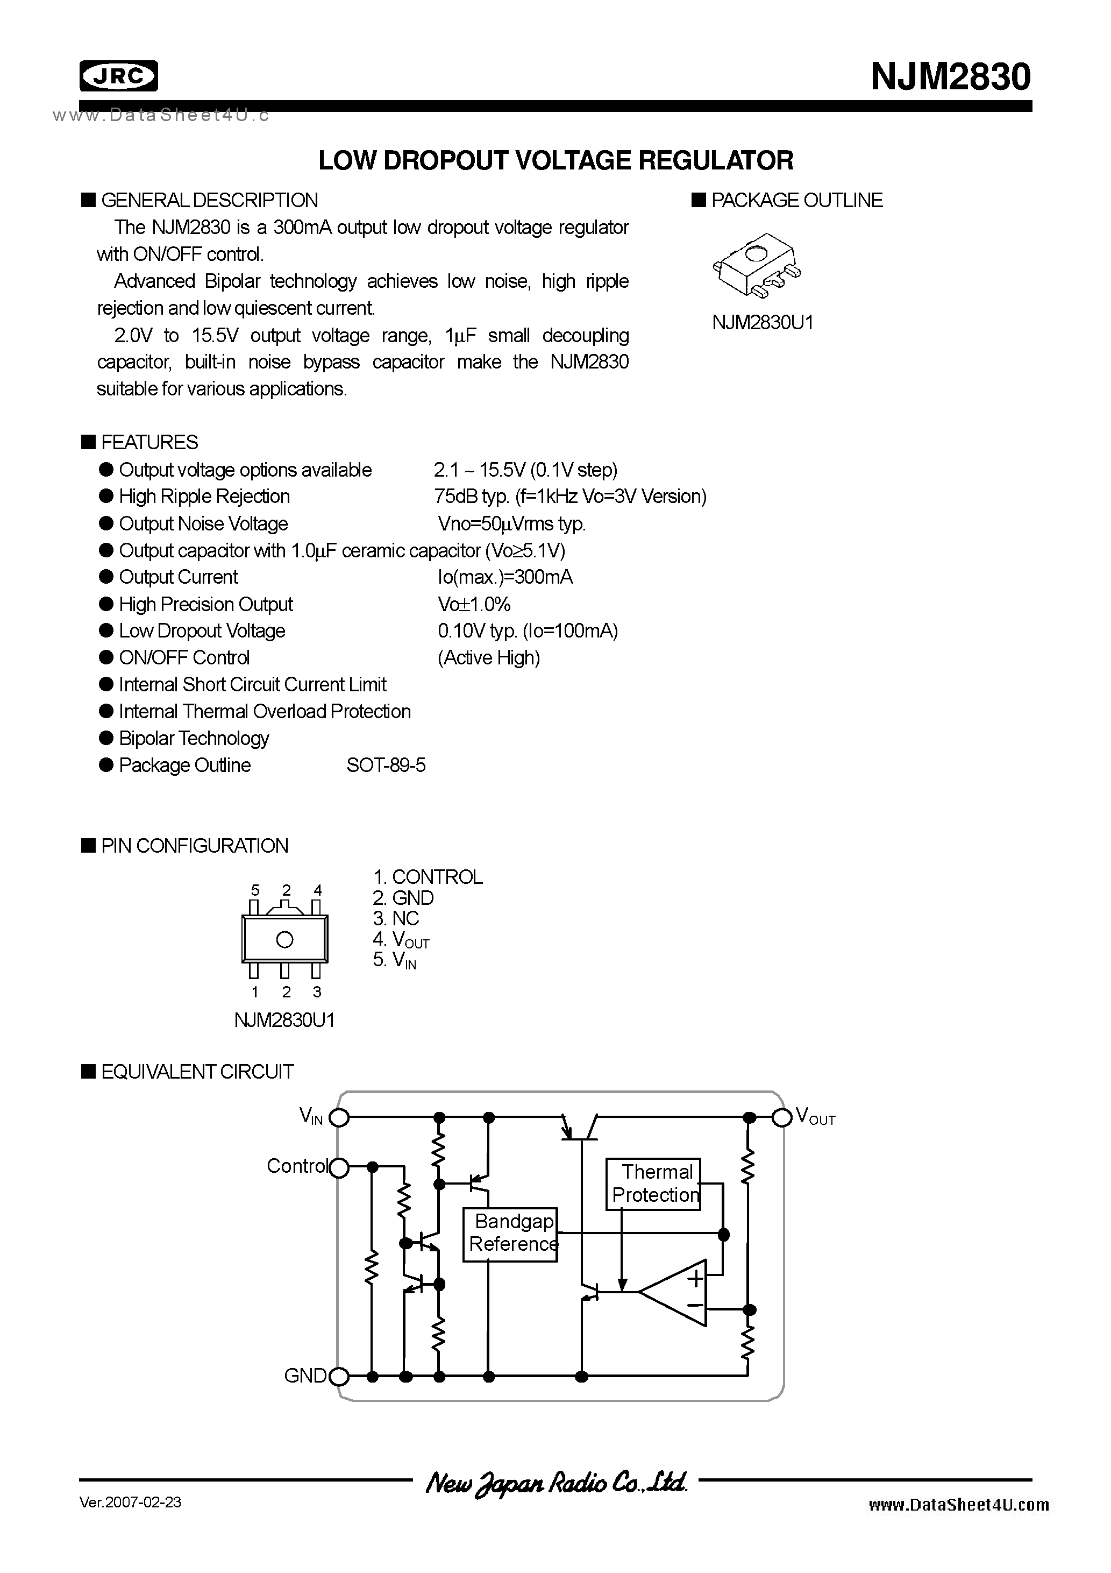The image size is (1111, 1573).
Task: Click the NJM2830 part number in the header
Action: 950,77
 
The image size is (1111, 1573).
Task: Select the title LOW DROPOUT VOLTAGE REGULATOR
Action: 555,160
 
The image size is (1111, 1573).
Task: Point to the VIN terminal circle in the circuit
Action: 339,1117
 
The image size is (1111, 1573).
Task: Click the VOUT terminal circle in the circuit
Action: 781,1117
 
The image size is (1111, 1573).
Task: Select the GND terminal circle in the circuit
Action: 339,1376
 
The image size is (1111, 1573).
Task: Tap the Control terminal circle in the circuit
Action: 339,1167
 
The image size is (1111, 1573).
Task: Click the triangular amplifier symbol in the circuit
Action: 675,1292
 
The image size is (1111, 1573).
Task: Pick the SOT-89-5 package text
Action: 386,766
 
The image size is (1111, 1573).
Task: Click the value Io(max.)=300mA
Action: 505,578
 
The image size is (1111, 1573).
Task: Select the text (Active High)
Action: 488,658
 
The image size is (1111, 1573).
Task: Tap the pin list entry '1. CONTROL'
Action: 428,877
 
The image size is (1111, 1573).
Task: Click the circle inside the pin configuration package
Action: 284,939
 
